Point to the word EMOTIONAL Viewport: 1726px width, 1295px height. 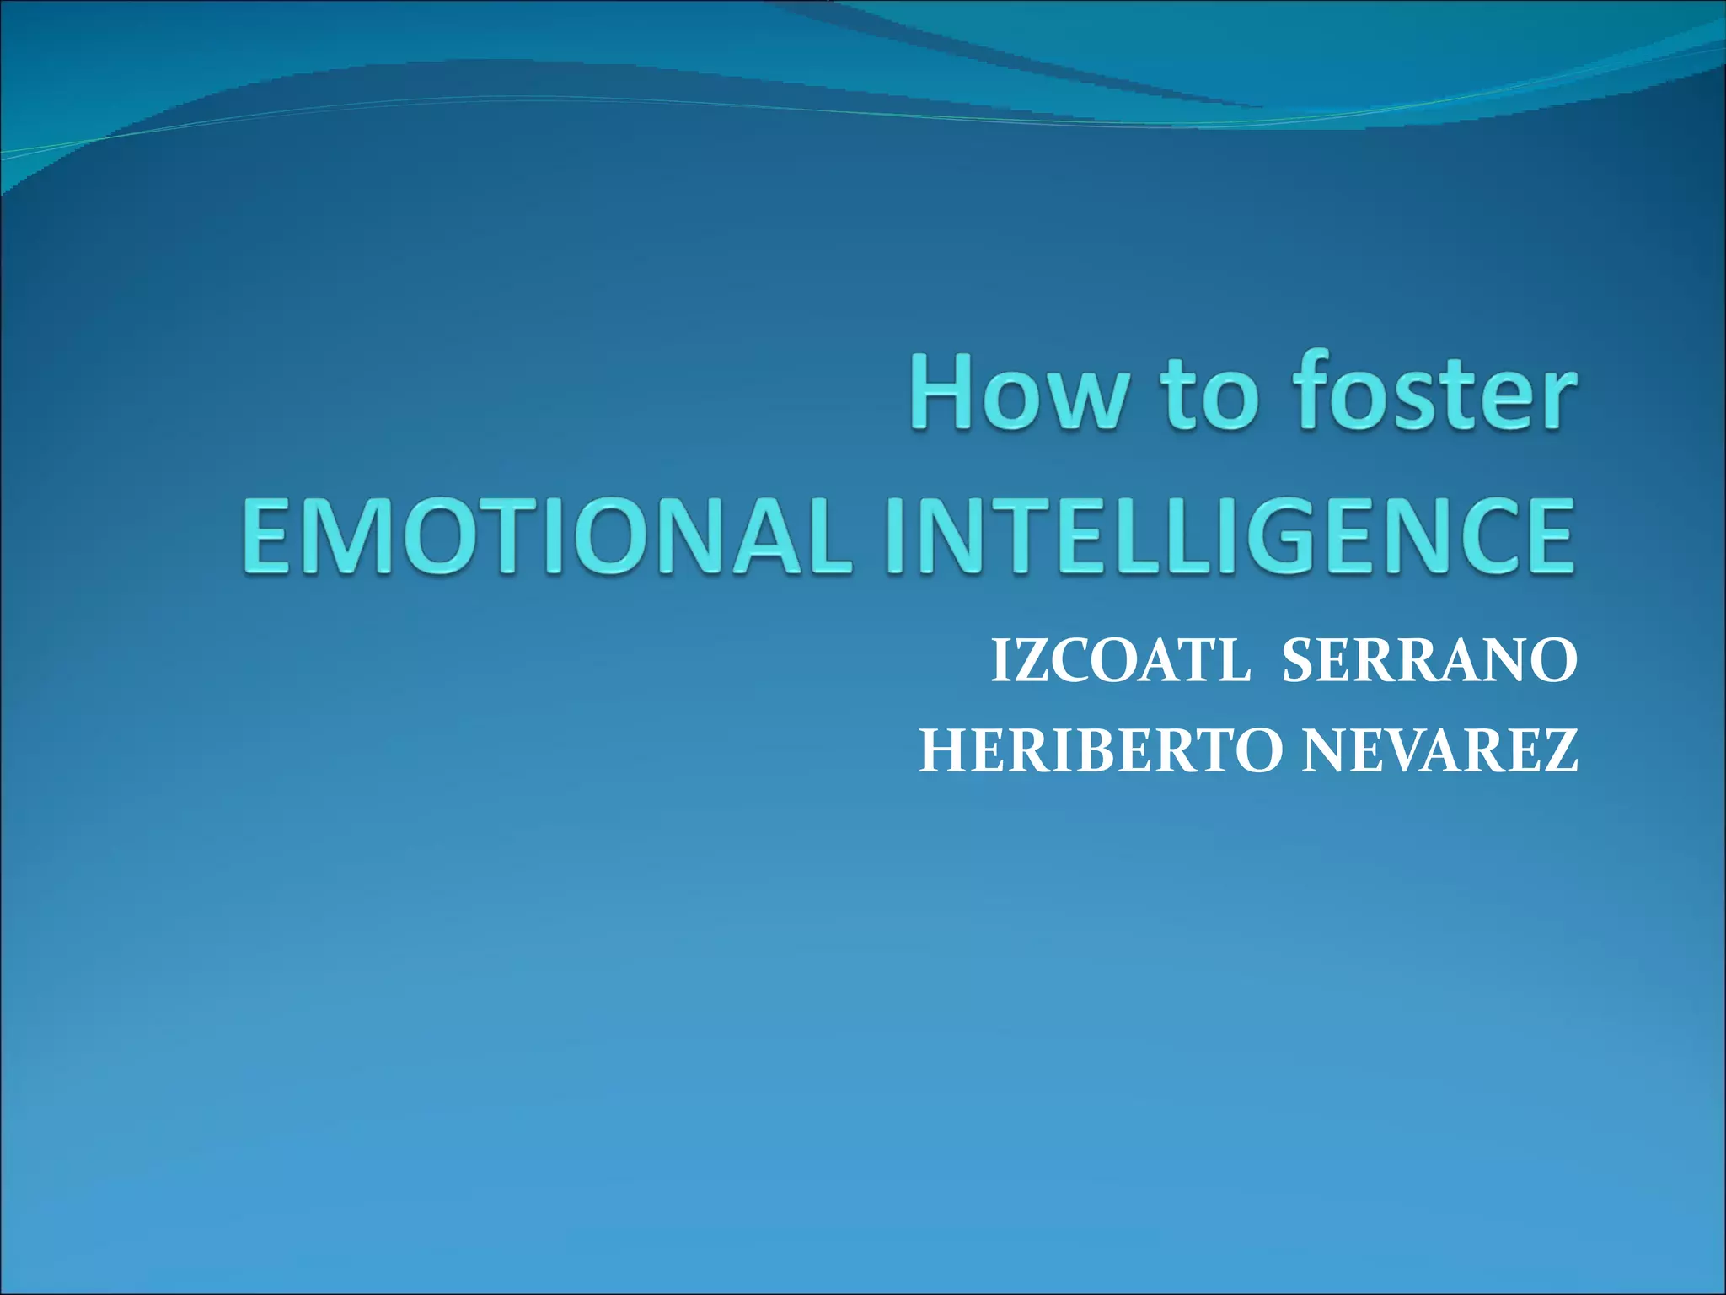pos(544,536)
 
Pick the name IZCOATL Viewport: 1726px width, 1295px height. pos(1121,662)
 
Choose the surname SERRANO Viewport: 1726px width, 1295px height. pos(1429,662)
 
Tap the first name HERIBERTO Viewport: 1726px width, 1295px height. pos(1101,751)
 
